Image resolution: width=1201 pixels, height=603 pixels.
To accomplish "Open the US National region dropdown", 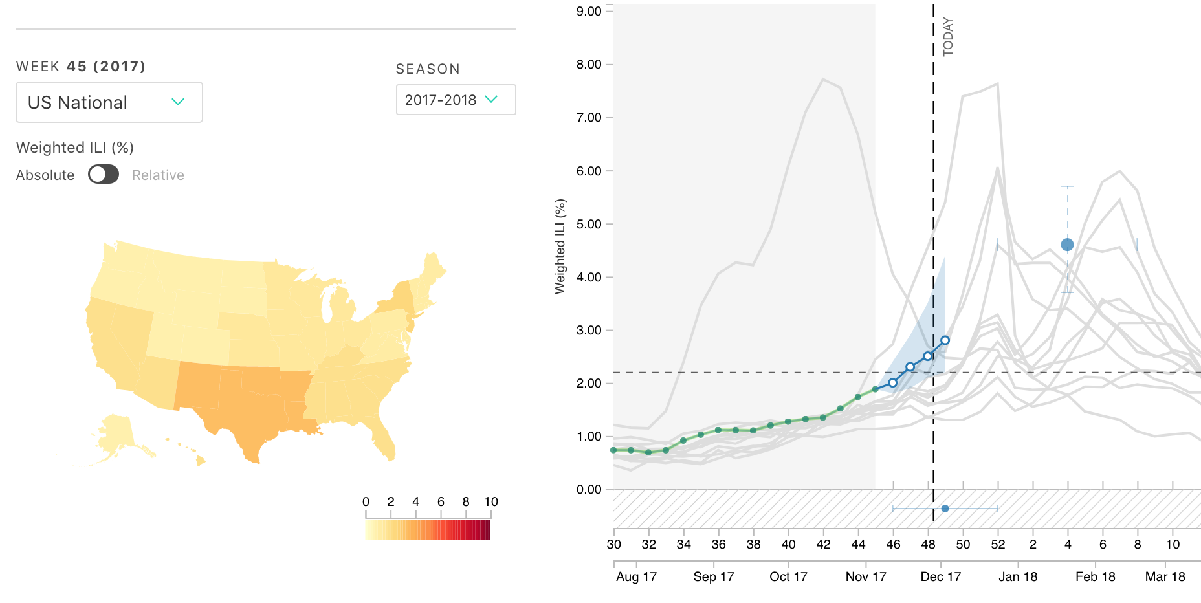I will coord(109,102).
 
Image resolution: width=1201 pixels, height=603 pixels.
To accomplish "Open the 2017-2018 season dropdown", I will coord(456,100).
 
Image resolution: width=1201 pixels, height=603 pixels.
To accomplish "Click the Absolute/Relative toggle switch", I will coord(104,175).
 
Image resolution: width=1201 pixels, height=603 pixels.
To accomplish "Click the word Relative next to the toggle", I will coord(158,175).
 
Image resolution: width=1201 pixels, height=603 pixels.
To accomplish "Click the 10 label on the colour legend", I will coord(491,502).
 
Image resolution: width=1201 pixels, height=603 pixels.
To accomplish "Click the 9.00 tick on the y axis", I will coord(589,12).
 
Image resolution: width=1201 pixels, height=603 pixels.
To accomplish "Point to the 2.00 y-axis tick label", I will coord(589,383).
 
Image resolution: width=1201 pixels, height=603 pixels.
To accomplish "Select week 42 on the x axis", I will coord(823,545).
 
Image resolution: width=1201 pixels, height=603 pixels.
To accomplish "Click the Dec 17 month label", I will coord(941,576).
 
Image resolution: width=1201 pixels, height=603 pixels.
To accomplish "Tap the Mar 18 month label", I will coord(1165,576).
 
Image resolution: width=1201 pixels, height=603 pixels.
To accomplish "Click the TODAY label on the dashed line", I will coord(948,37).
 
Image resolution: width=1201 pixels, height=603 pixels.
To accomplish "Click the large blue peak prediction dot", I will coord(1067,245).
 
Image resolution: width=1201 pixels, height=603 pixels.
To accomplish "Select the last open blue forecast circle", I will coord(945,340).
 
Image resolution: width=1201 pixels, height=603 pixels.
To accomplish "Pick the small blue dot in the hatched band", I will coord(945,509).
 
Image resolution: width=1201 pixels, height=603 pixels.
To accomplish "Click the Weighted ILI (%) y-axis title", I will coord(560,247).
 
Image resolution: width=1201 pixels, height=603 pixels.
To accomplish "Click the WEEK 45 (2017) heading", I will coord(81,67).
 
